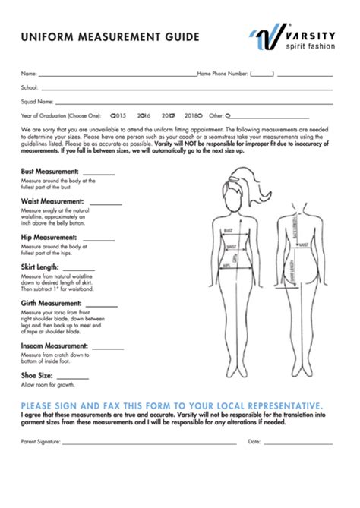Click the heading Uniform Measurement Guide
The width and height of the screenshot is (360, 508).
point(111,36)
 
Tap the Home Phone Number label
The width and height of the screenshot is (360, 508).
point(223,74)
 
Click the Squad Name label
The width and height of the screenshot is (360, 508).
point(37,102)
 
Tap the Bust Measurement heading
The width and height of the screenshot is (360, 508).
point(50,172)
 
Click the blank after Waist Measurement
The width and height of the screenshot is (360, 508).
point(106,203)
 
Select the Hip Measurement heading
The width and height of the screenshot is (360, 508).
point(48,238)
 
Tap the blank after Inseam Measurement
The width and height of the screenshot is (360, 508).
point(110,347)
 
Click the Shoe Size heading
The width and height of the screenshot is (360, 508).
point(37,375)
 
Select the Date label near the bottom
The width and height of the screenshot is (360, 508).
point(254,441)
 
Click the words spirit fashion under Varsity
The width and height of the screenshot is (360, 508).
point(310,46)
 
